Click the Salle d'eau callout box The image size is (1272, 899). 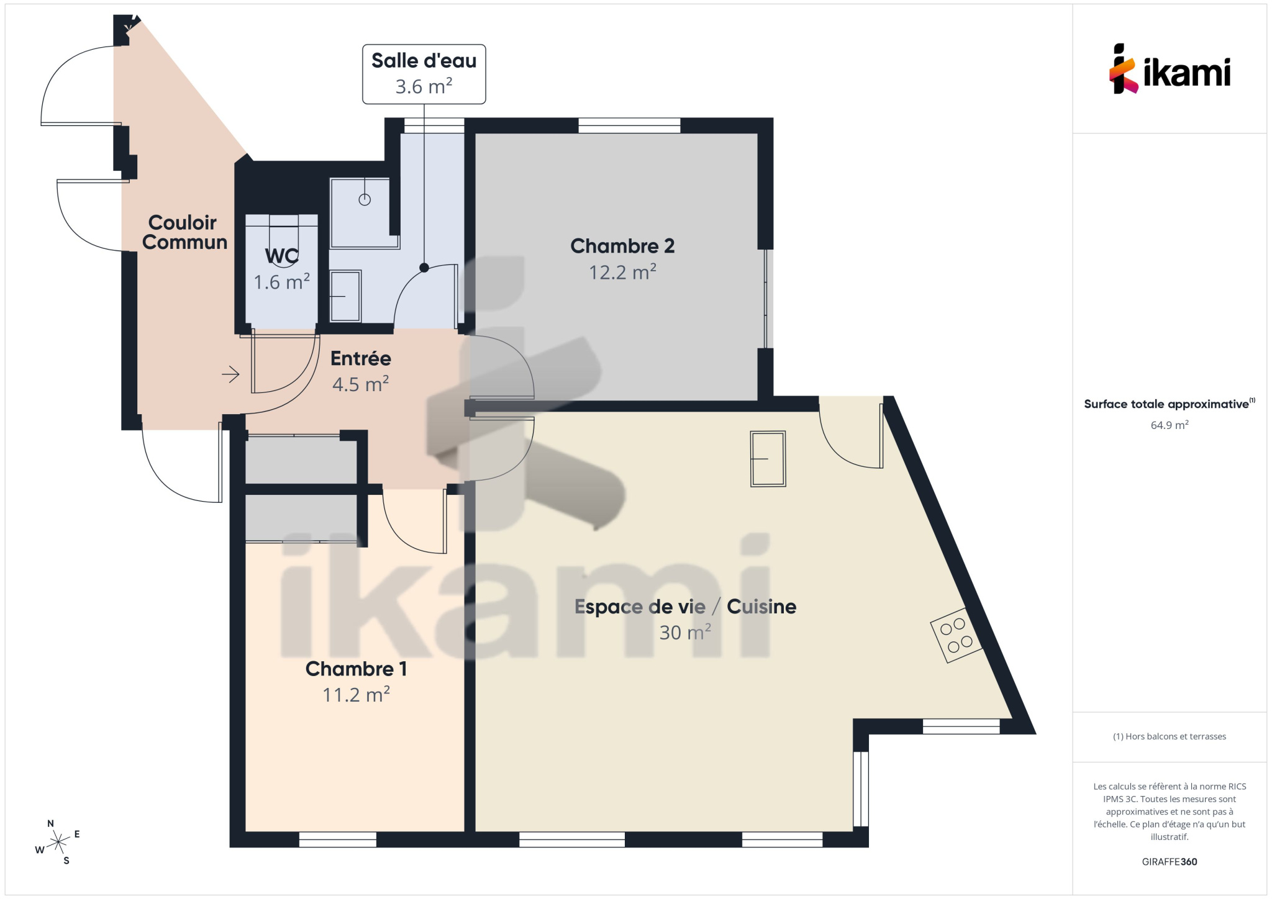(x=424, y=74)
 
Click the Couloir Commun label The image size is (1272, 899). (x=184, y=232)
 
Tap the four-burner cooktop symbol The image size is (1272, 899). (x=956, y=635)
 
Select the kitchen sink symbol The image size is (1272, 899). (x=768, y=459)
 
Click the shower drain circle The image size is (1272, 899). (x=365, y=199)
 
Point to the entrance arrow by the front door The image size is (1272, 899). (x=230, y=374)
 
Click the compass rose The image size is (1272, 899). (x=58, y=842)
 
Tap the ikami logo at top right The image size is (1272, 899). (x=1170, y=69)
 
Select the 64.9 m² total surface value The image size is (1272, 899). (x=1170, y=425)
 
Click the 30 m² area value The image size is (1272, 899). (x=685, y=633)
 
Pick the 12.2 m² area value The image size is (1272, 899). (x=622, y=272)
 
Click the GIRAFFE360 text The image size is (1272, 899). (x=1170, y=862)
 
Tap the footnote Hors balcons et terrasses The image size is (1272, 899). (x=1170, y=736)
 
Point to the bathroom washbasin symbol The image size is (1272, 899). (x=345, y=296)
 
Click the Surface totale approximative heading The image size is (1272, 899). (x=1170, y=404)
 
